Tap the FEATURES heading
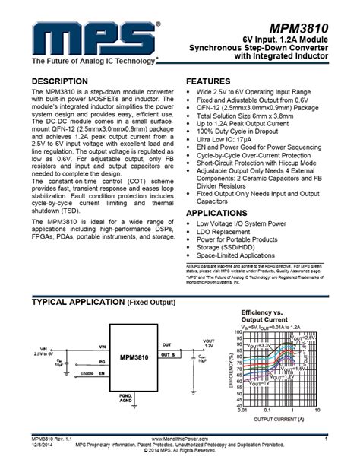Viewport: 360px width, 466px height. click(x=210, y=80)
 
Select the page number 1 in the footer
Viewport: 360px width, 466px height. click(x=325, y=439)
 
